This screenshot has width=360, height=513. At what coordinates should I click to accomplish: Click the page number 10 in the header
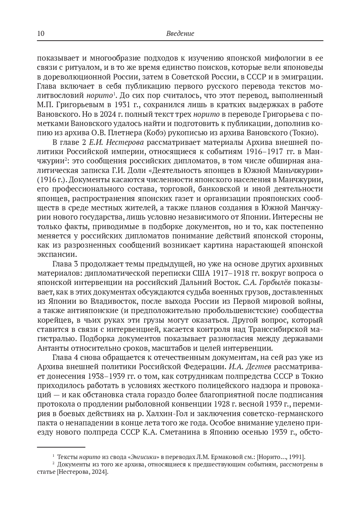41,34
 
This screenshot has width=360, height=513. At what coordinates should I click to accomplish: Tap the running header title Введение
180,34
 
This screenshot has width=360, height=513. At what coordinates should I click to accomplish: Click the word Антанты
51,348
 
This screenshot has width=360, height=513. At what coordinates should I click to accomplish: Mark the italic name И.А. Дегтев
250,367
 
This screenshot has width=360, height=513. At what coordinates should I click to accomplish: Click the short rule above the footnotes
61,447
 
